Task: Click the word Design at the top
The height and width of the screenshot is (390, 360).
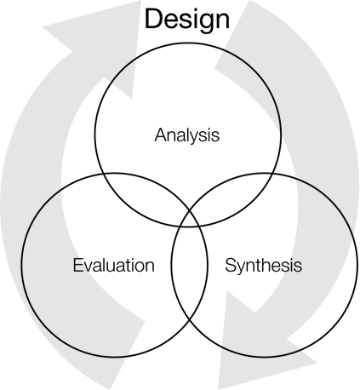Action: coord(187,20)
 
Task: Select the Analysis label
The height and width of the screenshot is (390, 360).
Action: coord(187,135)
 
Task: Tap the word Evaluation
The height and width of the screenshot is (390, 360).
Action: coord(113,265)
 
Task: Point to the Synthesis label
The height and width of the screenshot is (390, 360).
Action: coord(263,266)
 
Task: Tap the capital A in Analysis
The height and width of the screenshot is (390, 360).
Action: coord(161,135)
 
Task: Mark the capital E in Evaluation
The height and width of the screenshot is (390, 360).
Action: coord(78,265)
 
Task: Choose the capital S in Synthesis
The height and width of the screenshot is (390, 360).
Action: coord(231,265)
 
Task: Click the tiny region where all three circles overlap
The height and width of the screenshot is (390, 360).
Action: coord(190,219)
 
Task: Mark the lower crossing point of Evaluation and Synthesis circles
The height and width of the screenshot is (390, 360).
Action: coord(190,320)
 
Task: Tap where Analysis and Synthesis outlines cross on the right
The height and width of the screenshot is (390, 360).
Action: coord(272,174)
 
